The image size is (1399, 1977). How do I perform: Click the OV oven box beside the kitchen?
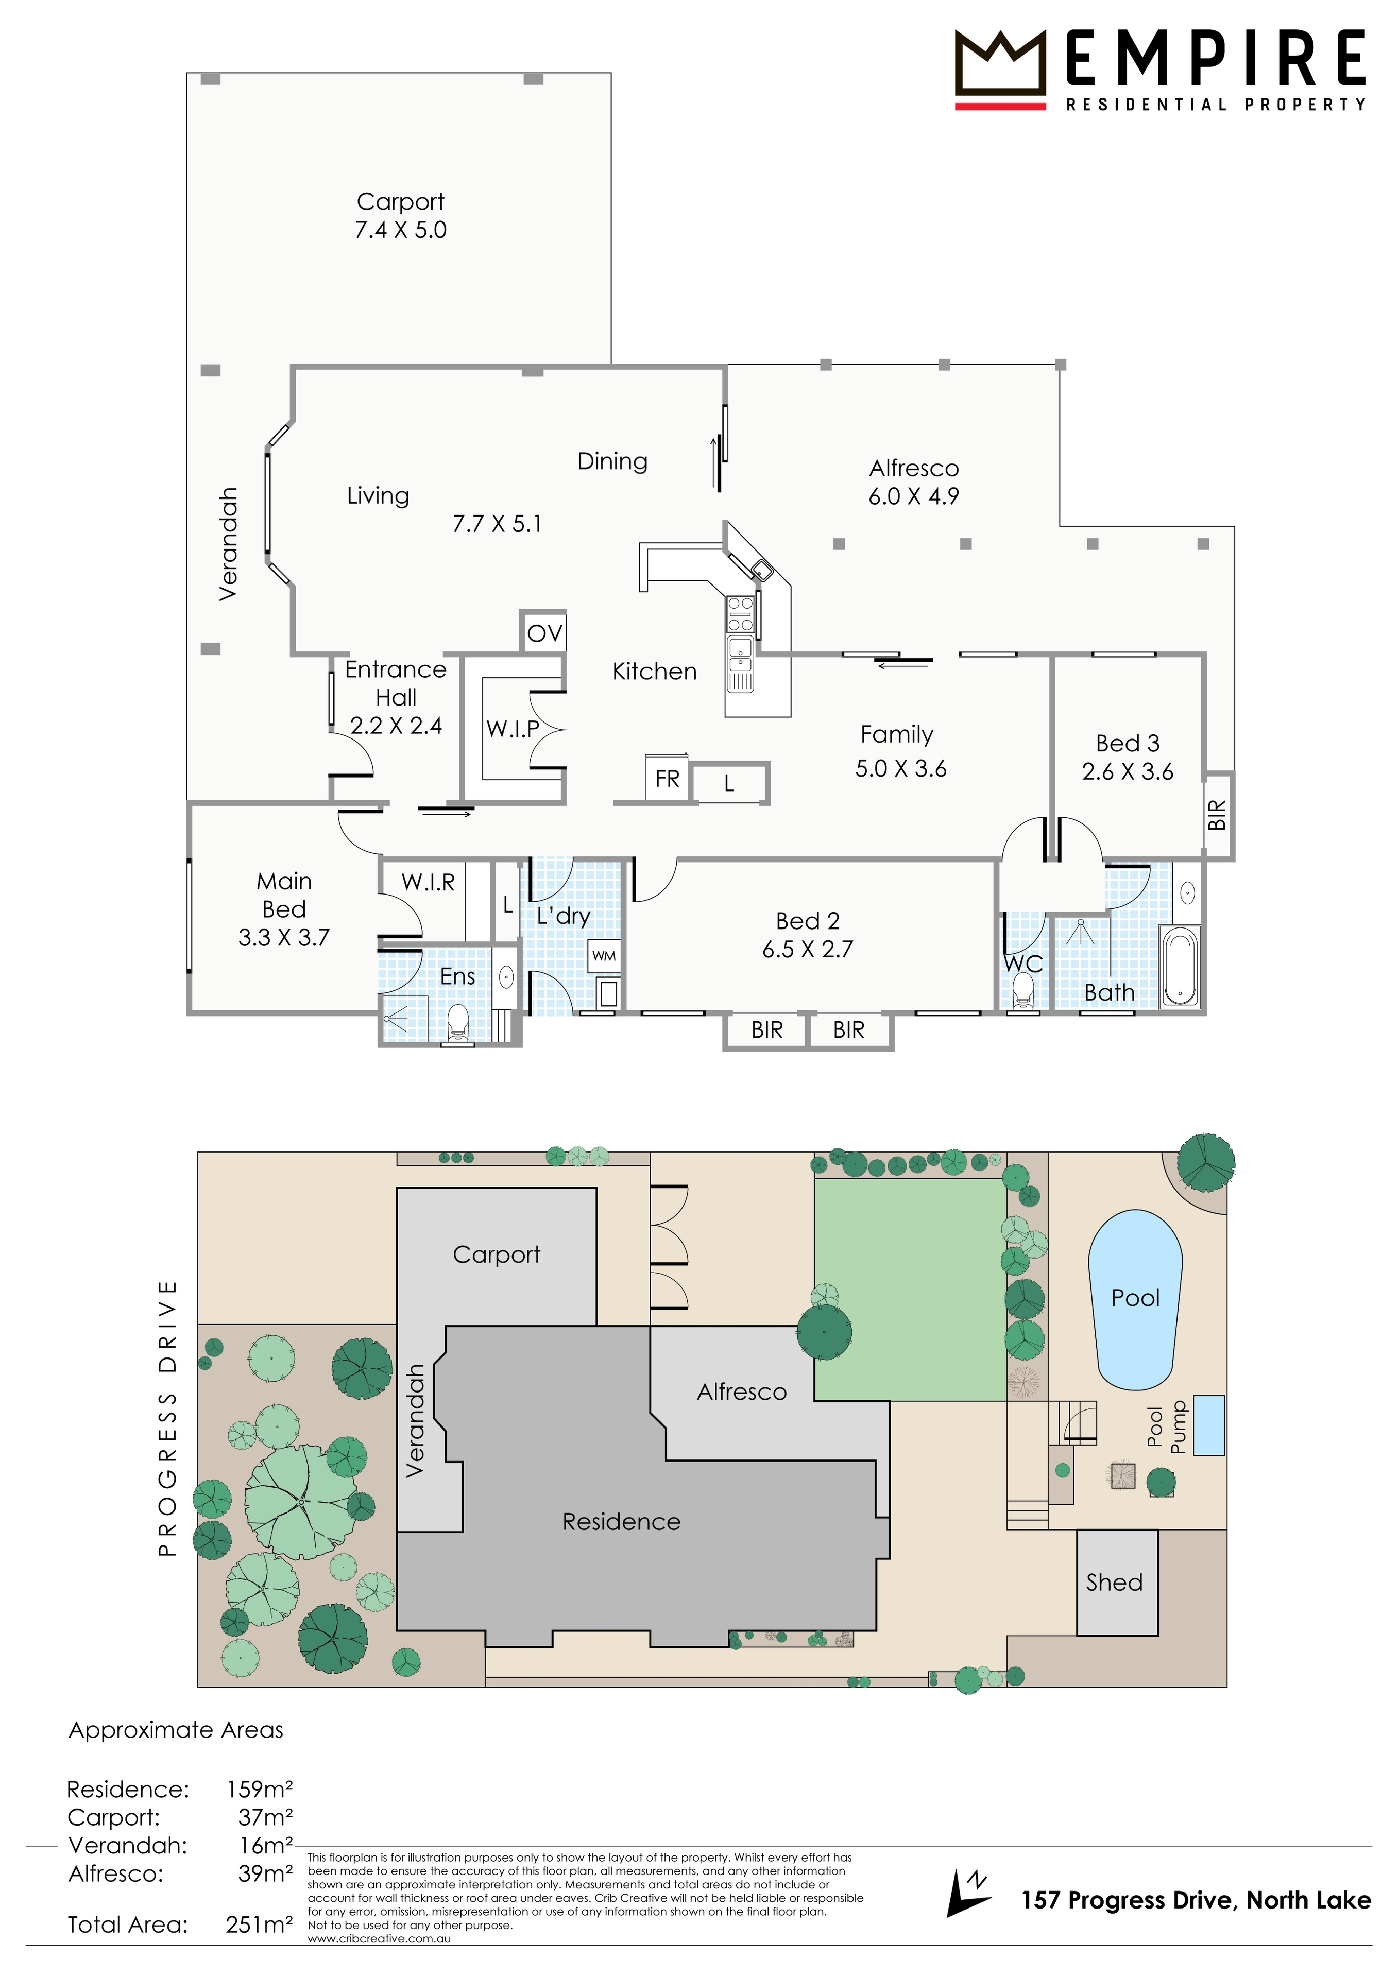(543, 632)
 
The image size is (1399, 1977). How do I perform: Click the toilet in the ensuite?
(457, 1023)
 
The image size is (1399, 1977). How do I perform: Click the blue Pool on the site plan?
(1135, 1300)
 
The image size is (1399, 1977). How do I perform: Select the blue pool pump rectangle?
(1208, 1425)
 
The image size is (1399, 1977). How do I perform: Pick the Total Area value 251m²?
(259, 1923)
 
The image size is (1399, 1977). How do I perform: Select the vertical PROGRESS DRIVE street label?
(167, 1418)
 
